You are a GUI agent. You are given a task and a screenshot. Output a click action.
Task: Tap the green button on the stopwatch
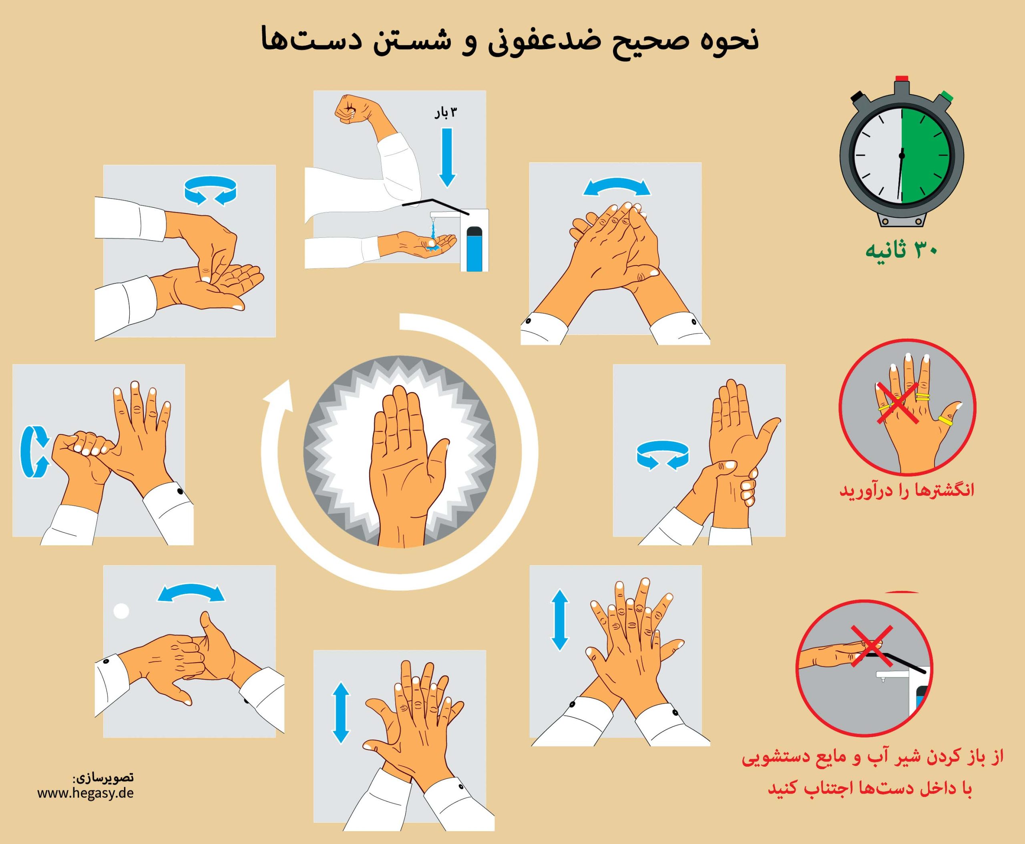point(945,96)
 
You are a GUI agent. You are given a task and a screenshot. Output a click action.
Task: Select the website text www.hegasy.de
point(86,793)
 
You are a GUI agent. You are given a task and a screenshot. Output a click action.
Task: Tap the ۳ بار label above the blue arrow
point(446,113)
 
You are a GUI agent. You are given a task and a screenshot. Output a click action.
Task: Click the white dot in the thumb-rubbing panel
point(121,611)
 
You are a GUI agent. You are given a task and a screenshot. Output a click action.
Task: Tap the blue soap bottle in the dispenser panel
point(472,250)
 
